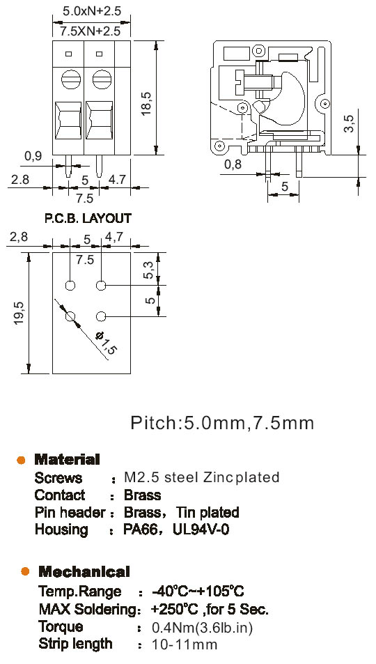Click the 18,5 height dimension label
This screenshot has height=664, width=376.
[x=146, y=104]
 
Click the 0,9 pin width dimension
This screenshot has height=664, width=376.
[x=33, y=156]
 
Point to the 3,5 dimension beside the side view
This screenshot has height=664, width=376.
[x=348, y=123]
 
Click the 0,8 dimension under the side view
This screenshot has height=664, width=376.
[x=232, y=164]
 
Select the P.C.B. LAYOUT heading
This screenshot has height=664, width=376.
[x=88, y=219]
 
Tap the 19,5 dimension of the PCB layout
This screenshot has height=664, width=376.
[x=19, y=314]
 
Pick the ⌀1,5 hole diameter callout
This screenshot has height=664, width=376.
[x=106, y=341]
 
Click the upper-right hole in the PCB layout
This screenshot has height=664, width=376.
[x=101, y=286]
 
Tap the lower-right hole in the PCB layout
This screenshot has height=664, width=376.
[x=101, y=316]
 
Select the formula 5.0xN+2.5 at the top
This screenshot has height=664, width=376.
[x=92, y=11]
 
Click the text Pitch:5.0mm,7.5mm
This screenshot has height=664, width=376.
[x=222, y=423]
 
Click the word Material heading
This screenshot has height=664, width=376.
[x=67, y=459]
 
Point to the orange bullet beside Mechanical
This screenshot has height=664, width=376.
[x=25, y=571]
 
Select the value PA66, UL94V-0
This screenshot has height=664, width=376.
[x=176, y=530]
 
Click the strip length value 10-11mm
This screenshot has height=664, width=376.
[x=185, y=645]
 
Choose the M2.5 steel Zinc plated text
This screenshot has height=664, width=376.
[x=201, y=477]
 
